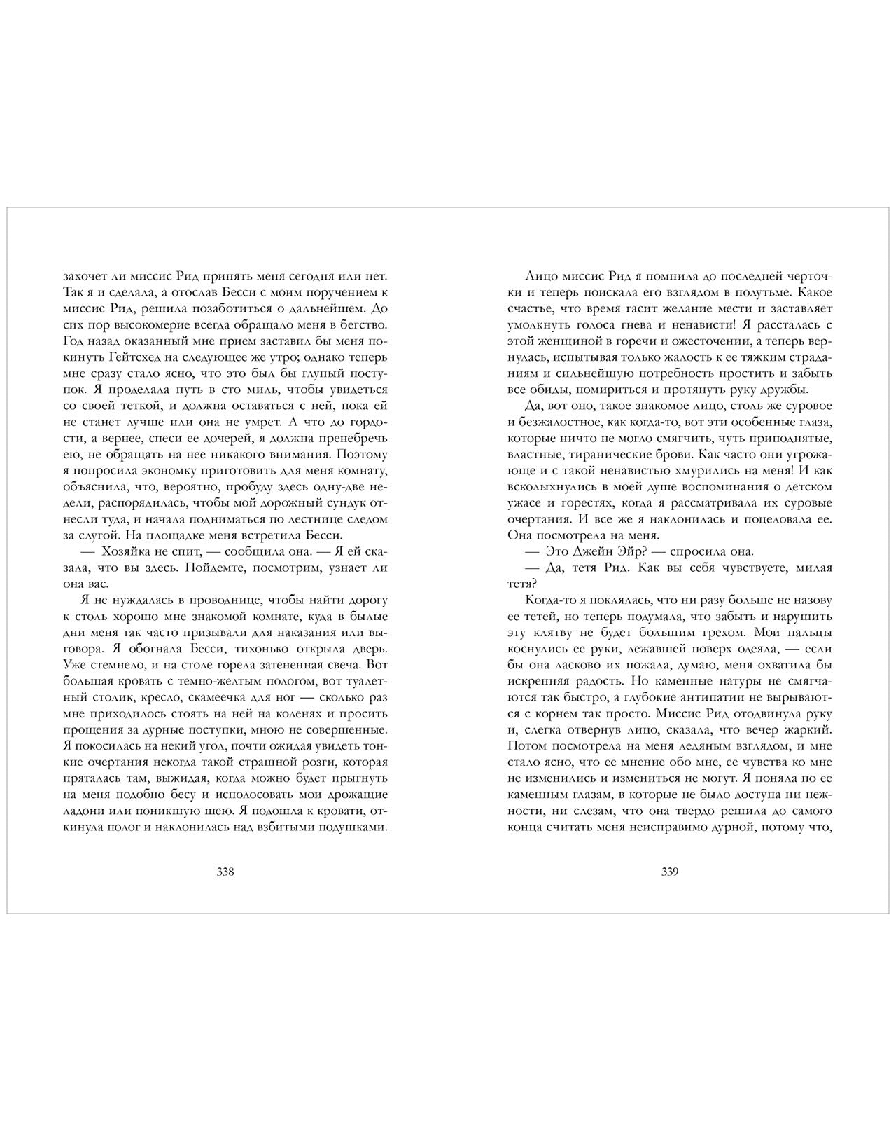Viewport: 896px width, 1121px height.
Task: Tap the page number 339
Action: pos(670,872)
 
